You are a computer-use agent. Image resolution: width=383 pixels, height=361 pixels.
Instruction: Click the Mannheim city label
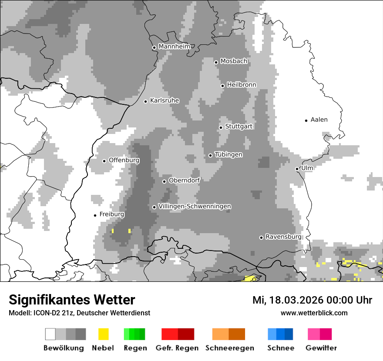(x=175, y=47)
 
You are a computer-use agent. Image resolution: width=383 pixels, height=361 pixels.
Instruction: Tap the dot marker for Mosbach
(x=216, y=62)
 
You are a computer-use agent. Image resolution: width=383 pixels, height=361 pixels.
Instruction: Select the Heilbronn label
(x=242, y=85)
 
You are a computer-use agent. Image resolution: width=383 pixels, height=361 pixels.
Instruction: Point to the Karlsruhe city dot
(x=146, y=101)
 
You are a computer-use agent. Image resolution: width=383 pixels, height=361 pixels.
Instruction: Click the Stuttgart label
(x=239, y=127)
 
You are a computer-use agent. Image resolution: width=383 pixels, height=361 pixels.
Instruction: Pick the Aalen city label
(x=319, y=120)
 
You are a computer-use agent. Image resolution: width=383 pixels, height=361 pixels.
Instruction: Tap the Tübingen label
(x=228, y=155)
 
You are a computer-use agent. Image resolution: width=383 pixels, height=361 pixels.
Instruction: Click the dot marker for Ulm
(x=297, y=169)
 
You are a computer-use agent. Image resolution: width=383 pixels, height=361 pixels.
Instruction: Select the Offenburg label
(x=124, y=160)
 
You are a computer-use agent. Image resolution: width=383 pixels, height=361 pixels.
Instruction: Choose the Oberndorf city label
(x=184, y=180)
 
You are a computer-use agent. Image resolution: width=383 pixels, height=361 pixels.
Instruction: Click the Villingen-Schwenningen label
(x=195, y=206)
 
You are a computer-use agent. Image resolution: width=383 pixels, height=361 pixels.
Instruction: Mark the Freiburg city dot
(x=95, y=215)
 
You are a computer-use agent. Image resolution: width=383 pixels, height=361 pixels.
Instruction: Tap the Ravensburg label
(x=283, y=237)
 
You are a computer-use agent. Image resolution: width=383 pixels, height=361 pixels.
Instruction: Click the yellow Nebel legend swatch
(x=103, y=334)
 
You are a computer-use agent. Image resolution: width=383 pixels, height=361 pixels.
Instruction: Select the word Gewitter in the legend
(x=321, y=348)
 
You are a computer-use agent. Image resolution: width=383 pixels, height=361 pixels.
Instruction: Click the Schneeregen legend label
(x=230, y=348)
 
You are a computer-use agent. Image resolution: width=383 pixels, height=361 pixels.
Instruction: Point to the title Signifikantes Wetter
(x=72, y=300)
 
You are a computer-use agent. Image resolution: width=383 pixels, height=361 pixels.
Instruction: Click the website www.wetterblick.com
(x=314, y=313)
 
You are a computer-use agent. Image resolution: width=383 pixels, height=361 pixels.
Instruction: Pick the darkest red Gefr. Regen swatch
(x=186, y=334)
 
